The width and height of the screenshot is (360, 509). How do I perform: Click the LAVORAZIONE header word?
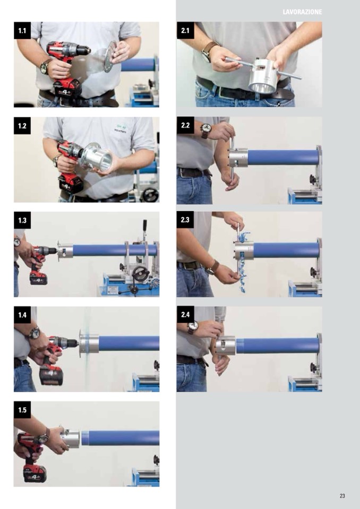coord(302,12)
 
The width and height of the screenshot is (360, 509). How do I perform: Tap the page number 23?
coord(342,496)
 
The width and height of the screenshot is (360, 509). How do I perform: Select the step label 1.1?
coord(22,30)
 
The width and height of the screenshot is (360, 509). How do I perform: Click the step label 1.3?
coord(22,220)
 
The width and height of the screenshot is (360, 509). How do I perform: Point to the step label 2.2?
coord(185,125)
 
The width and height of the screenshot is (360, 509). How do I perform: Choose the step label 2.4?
coord(185,315)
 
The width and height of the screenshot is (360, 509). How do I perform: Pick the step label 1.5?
coord(22,410)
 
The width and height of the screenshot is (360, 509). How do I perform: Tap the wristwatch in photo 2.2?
coord(205,130)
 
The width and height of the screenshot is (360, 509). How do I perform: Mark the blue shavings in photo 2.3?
coord(241,256)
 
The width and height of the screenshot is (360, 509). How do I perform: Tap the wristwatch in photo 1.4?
coord(34,333)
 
